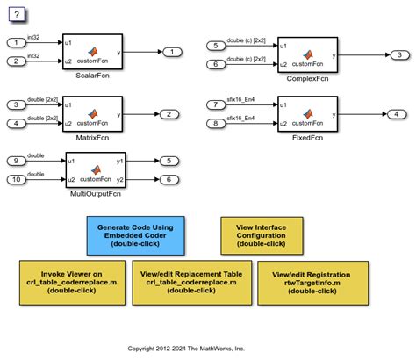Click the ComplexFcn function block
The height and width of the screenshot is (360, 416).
pos(307,54)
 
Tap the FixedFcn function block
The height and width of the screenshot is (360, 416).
pos(307,113)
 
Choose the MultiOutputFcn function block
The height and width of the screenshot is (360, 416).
pos(96,169)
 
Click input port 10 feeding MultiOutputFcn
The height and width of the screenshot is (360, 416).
pos(17,180)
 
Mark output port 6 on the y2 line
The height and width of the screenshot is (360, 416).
pos(166,180)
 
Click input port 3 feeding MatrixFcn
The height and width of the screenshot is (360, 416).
pos(17,104)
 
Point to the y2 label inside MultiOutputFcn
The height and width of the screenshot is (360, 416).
pos(120,180)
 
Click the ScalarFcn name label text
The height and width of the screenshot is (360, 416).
pos(92,76)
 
